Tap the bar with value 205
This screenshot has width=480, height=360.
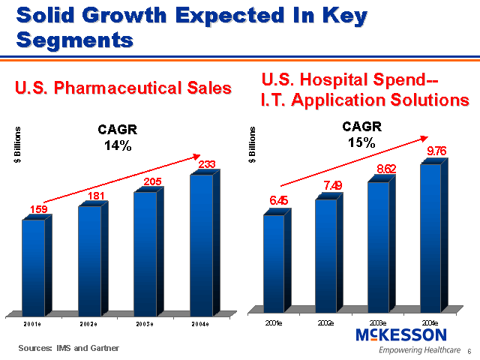(x=145, y=253)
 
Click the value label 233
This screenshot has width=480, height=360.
(x=207, y=163)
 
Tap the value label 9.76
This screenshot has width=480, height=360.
(x=436, y=151)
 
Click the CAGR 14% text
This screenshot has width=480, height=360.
(x=117, y=138)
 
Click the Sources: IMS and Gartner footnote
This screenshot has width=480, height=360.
(x=69, y=348)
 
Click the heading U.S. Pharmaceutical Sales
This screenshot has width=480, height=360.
(x=124, y=88)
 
